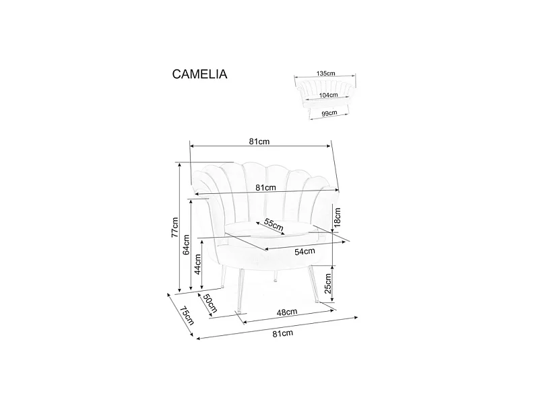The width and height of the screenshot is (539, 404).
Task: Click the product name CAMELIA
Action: (x=200, y=75)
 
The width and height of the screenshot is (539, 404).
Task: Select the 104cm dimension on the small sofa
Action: (x=329, y=96)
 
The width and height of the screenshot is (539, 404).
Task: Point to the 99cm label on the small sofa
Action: (x=329, y=114)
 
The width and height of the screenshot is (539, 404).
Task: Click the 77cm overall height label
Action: (x=174, y=228)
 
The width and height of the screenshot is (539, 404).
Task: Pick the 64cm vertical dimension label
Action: (x=187, y=246)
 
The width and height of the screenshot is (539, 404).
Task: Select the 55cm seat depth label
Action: (x=273, y=224)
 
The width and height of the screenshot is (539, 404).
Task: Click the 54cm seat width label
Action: (x=305, y=251)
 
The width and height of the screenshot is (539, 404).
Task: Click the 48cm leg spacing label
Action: (x=287, y=312)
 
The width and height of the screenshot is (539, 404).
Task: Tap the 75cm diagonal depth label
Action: (x=186, y=315)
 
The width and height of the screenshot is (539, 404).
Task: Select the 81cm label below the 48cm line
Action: (x=282, y=333)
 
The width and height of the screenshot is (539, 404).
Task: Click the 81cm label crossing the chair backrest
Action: (x=265, y=187)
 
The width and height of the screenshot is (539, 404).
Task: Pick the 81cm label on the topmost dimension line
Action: (x=259, y=141)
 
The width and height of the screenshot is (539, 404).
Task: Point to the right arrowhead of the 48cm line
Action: (x=334, y=308)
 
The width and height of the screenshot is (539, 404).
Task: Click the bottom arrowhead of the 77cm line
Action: (x=180, y=290)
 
